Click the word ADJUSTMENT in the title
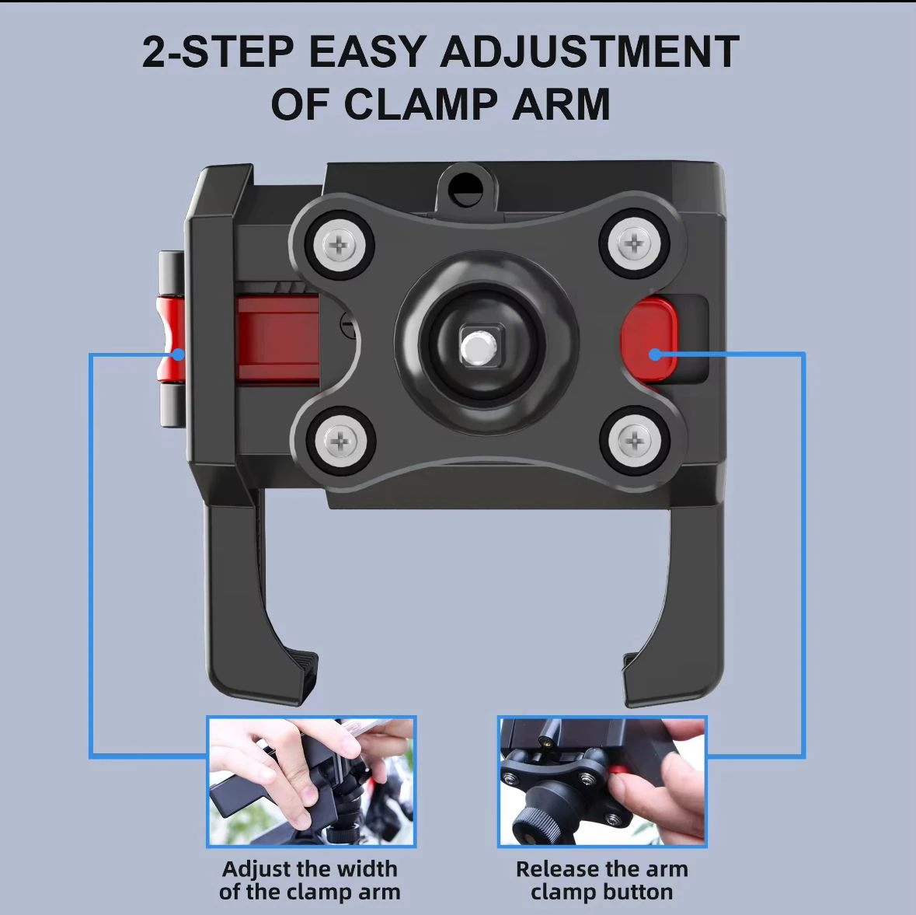(590, 51)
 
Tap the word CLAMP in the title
(420, 104)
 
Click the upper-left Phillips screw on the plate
(340, 244)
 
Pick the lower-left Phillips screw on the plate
(341, 441)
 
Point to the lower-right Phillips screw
(636, 440)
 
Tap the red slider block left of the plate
(278, 339)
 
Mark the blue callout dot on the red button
(656, 354)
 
